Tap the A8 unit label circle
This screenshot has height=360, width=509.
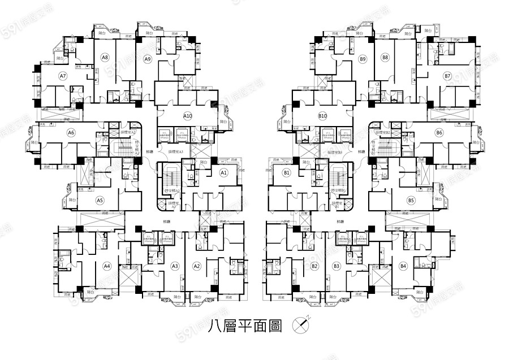105,58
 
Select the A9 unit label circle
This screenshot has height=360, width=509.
147,59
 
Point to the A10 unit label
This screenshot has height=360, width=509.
188,116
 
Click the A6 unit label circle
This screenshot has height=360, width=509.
71,133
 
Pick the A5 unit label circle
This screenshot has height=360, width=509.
100,200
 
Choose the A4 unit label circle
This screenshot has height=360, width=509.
107,266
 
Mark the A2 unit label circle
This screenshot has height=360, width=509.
197,266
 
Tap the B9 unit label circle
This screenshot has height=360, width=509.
363,59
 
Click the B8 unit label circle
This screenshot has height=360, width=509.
385,58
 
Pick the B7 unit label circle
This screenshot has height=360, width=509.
447,76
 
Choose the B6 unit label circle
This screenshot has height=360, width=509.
439,133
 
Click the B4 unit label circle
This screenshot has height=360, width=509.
403,266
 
